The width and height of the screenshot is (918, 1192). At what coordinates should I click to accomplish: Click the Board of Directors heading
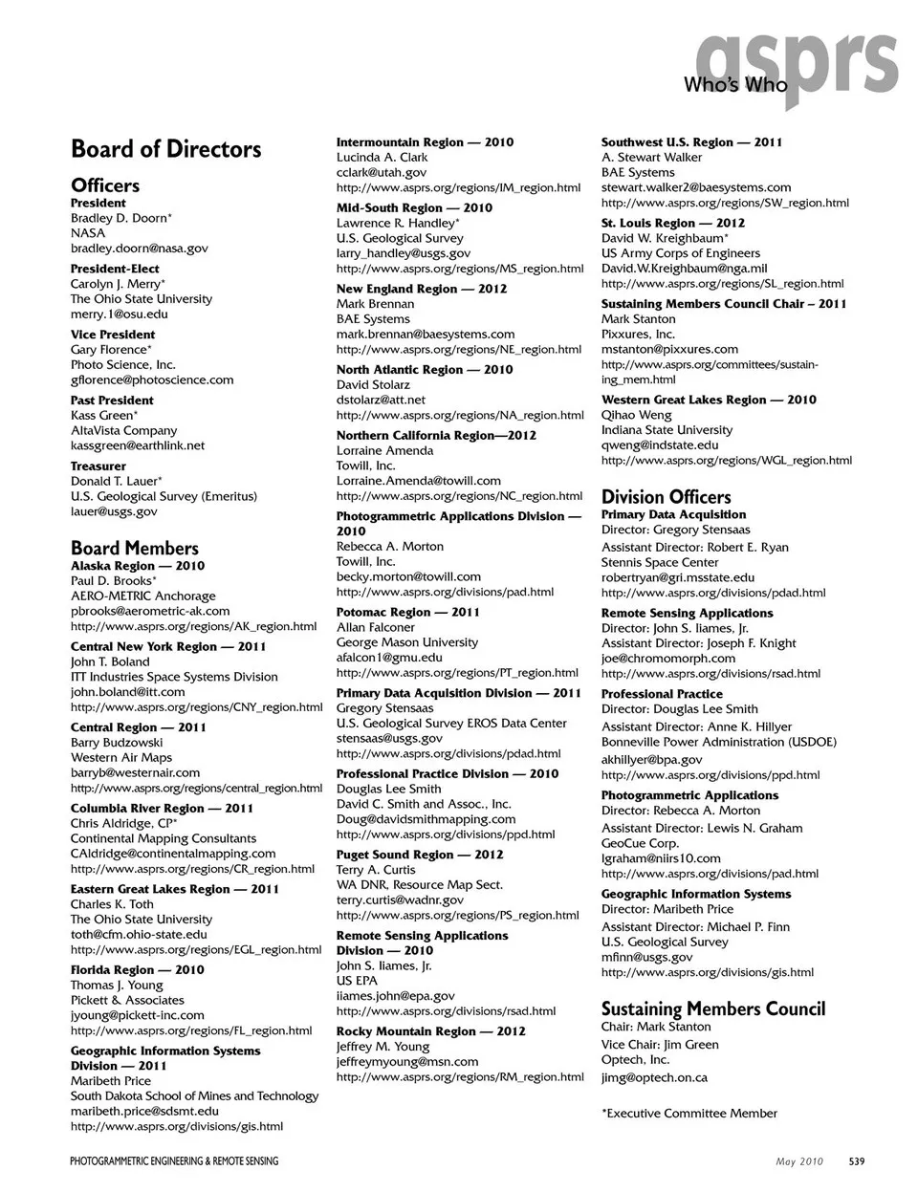pos(165,149)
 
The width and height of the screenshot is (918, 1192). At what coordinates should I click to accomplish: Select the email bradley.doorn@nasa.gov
pos(139,249)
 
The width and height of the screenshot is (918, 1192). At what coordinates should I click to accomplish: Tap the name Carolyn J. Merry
pos(115,284)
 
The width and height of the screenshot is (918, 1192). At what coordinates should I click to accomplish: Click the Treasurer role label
pos(98,466)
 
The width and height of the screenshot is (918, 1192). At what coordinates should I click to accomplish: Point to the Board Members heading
pos(134,548)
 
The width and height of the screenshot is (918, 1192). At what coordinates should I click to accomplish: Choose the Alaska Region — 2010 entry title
pos(137,566)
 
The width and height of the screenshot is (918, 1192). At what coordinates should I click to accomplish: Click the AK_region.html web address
pos(193,627)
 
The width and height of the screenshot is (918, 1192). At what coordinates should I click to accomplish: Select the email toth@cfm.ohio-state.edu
pos(139,935)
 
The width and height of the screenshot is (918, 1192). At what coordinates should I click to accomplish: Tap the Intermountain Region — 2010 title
pos(425,142)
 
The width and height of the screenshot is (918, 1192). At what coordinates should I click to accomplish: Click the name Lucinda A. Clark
pos(382,158)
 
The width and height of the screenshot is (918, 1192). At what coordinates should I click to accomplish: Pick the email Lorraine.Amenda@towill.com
pos(418,481)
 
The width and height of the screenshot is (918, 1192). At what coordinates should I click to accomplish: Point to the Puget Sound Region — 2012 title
pos(419,855)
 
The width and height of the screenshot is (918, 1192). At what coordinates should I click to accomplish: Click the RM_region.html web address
pos(459,1076)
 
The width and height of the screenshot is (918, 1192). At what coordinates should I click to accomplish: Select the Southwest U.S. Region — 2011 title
pos(691,142)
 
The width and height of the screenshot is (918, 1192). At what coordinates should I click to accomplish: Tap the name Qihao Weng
pos(636,415)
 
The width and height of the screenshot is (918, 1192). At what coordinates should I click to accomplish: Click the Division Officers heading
pos(666,497)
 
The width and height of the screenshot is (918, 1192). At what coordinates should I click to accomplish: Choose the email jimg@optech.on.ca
pos(654,1077)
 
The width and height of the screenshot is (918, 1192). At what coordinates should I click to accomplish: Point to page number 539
pos(856,1161)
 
